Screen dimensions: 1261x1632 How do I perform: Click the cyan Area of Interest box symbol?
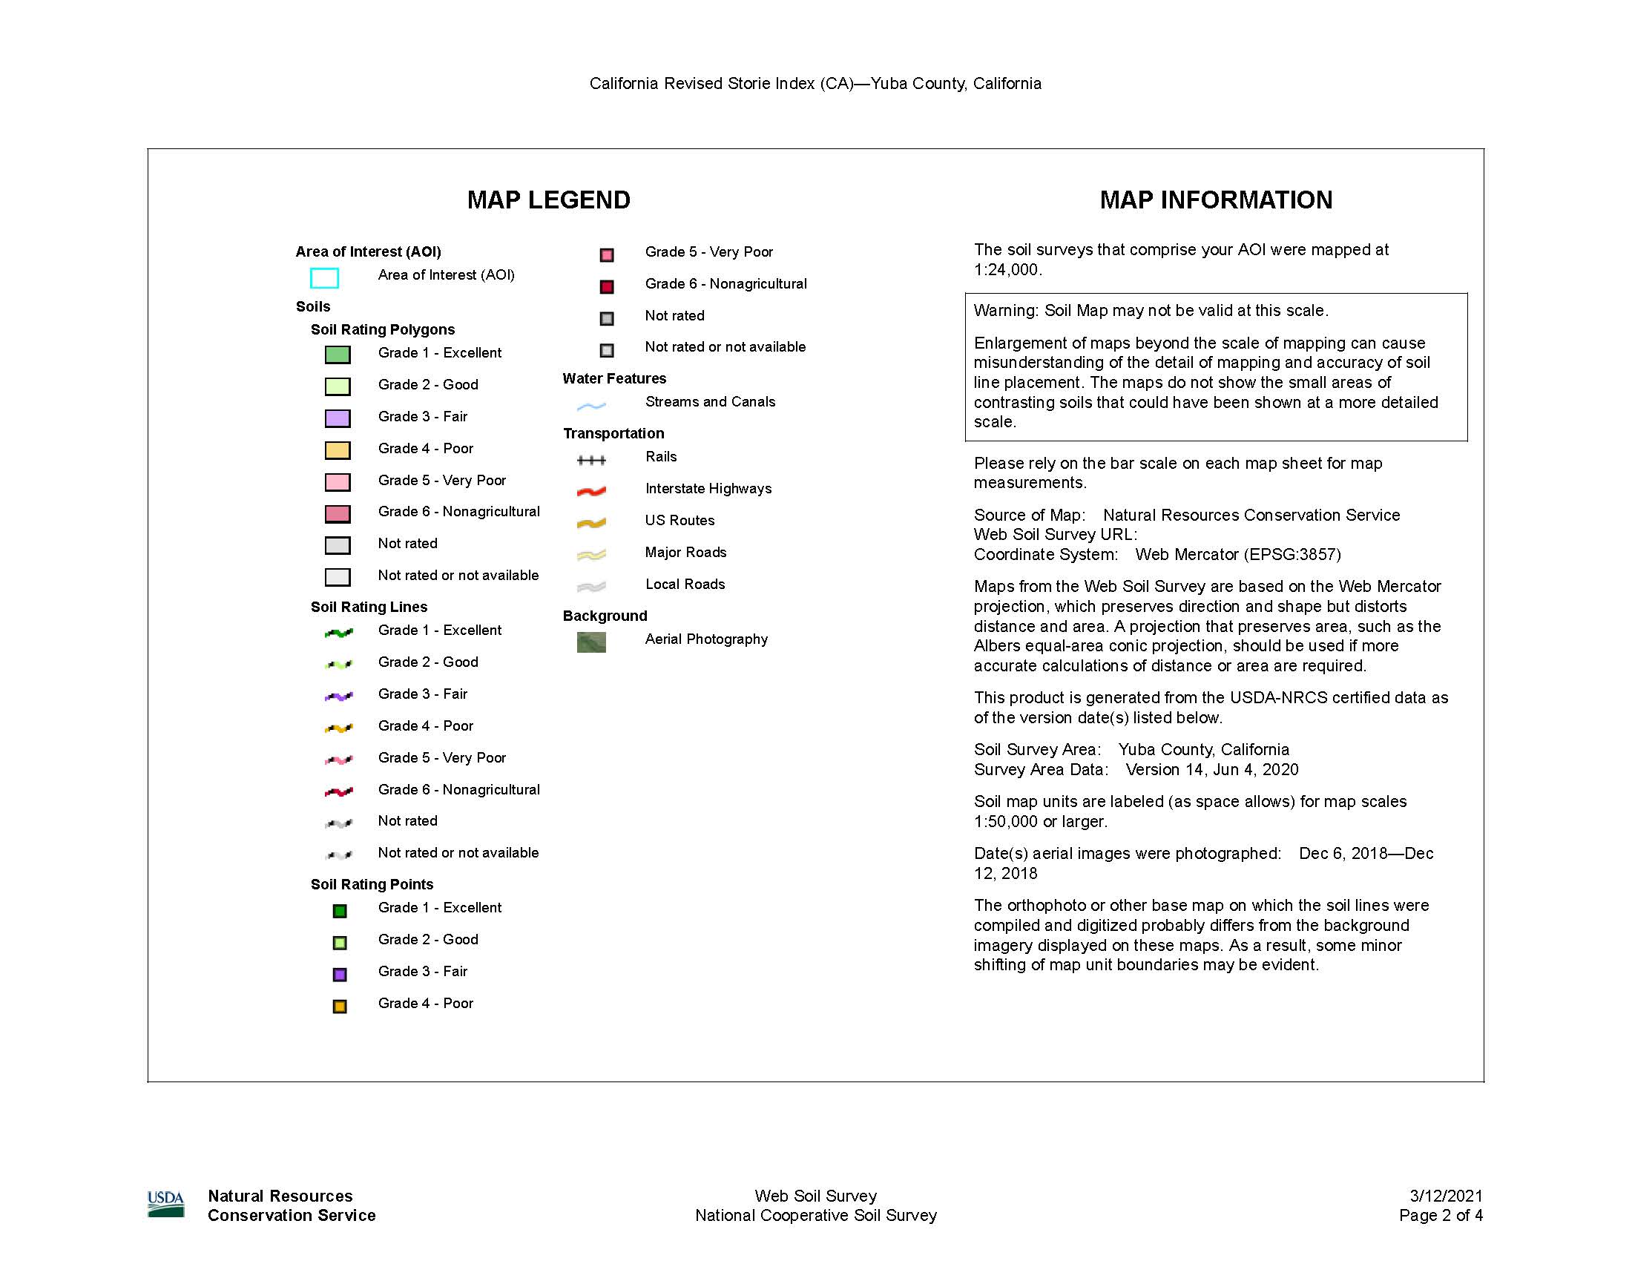tap(324, 278)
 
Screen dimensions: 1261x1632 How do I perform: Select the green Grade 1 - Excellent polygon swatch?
tap(338, 354)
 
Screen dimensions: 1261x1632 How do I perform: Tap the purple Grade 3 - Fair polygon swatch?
tap(338, 418)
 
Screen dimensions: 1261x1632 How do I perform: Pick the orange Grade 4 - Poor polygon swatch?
tap(338, 450)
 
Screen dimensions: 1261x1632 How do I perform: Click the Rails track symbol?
tap(591, 460)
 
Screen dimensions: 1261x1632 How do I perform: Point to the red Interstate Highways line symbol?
tap(591, 491)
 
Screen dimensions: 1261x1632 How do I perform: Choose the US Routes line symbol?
tap(591, 523)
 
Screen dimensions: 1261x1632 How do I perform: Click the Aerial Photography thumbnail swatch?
tap(591, 642)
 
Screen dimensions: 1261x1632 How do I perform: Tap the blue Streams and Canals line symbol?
tap(591, 406)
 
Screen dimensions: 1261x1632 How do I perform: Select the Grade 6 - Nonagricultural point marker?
tap(607, 286)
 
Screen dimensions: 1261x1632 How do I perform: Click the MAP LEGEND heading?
tap(548, 200)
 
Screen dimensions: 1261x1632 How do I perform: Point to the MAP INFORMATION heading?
tap(1216, 200)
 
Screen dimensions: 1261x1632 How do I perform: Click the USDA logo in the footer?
tap(166, 1203)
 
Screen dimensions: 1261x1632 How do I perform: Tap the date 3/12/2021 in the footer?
tap(1446, 1195)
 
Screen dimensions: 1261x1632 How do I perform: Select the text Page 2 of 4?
tap(1441, 1216)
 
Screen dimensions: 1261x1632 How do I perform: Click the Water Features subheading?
tap(614, 379)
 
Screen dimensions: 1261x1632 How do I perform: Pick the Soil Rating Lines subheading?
tap(369, 607)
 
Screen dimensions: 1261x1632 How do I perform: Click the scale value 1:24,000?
tap(1006, 270)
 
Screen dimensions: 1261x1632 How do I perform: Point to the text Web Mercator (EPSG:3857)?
tap(1238, 554)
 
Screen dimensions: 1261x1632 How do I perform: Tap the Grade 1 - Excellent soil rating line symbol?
tap(338, 633)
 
